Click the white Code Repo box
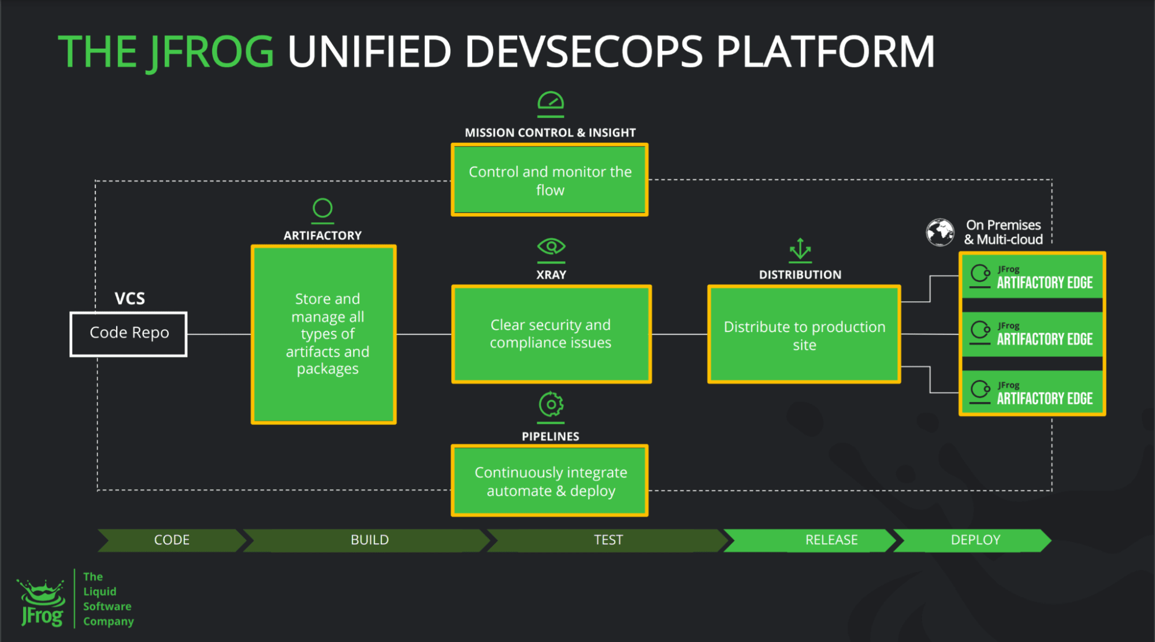[128, 334]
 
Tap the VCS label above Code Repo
[129, 298]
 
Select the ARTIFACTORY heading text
[322, 235]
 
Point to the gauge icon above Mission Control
[550, 102]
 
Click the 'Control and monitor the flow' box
[549, 180]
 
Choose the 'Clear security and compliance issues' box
[551, 334]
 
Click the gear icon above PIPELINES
[551, 405]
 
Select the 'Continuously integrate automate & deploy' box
[549, 481]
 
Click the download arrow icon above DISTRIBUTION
[800, 250]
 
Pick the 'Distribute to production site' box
[804, 334]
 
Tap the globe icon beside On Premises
[940, 232]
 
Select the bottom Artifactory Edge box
[1033, 393]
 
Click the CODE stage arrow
[172, 540]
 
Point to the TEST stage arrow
[608, 540]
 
